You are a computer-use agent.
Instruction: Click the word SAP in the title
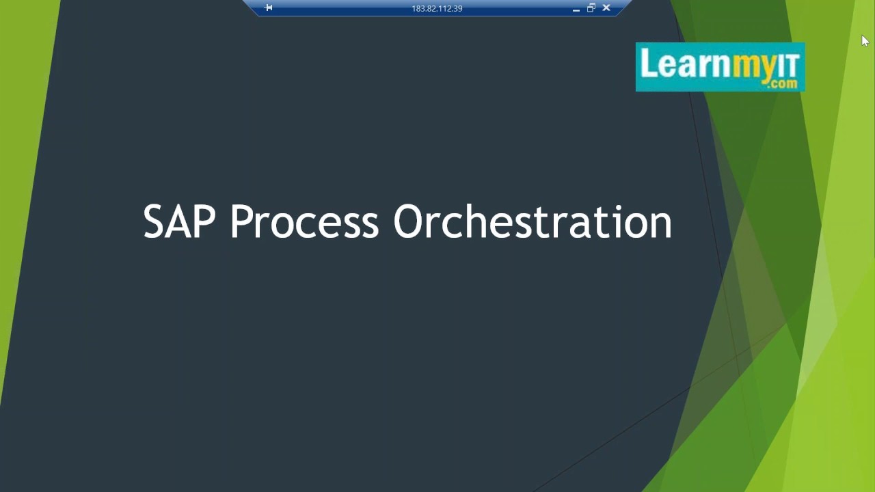tap(179, 222)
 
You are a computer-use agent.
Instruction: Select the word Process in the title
tap(304, 222)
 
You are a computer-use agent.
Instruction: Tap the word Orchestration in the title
tap(533, 222)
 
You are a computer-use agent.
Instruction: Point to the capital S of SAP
tap(155, 222)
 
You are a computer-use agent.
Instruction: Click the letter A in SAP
tap(180, 222)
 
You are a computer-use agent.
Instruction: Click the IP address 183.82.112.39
tap(437, 8)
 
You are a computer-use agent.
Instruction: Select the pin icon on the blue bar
tap(269, 8)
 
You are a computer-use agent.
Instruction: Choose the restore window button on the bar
tap(591, 8)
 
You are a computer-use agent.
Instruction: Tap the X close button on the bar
tap(606, 8)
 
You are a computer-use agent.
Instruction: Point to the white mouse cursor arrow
tap(865, 41)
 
